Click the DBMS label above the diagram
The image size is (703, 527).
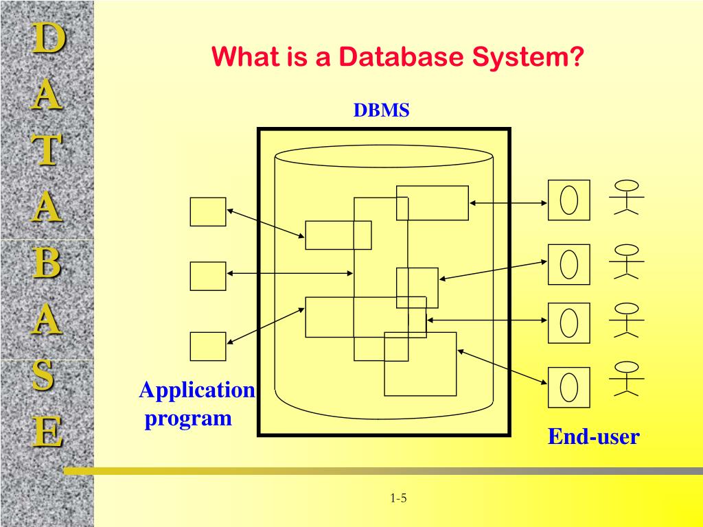click(381, 110)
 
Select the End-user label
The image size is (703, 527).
click(593, 436)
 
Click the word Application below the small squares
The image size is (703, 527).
click(197, 390)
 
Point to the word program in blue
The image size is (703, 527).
click(188, 418)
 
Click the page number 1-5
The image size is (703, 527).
click(398, 498)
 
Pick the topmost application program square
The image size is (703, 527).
click(208, 212)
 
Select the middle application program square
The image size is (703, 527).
click(208, 276)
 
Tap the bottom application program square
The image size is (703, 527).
click(208, 347)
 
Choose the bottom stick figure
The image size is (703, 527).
click(626, 379)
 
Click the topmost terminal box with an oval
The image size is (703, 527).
click(568, 200)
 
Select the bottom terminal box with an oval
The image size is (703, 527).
click(568, 388)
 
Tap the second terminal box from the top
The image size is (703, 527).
click(568, 264)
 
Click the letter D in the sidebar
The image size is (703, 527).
click(47, 38)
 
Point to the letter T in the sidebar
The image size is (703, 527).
click(47, 150)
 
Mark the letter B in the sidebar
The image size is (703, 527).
click(47, 264)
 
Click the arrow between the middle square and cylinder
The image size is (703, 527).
click(290, 274)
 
